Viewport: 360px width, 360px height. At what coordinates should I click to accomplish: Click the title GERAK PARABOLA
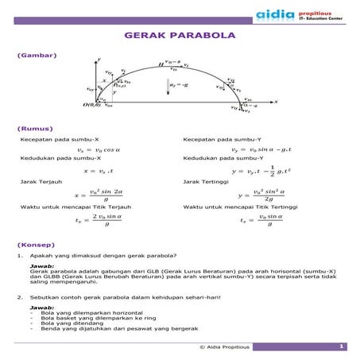coord(180,37)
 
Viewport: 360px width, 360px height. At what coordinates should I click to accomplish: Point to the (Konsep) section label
coord(33,246)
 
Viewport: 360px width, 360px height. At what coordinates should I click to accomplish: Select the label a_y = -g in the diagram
coord(179,84)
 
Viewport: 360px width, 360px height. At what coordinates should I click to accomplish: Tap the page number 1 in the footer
coord(340,346)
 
